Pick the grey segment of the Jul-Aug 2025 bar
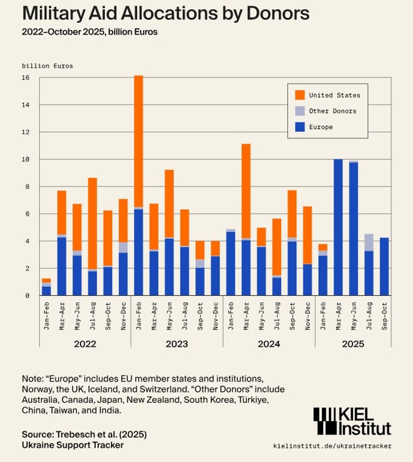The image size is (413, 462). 368,242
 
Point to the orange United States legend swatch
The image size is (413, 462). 300,95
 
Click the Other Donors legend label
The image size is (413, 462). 332,111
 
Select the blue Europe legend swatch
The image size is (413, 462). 300,127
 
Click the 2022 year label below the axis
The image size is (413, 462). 85,344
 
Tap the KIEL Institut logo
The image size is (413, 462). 352,421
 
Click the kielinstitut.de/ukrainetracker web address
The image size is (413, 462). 333,446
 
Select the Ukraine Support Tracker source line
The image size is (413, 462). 73,445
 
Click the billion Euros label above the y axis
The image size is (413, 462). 47,66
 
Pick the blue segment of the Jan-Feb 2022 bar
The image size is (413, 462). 46,291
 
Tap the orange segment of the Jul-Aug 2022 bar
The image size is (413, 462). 93,223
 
